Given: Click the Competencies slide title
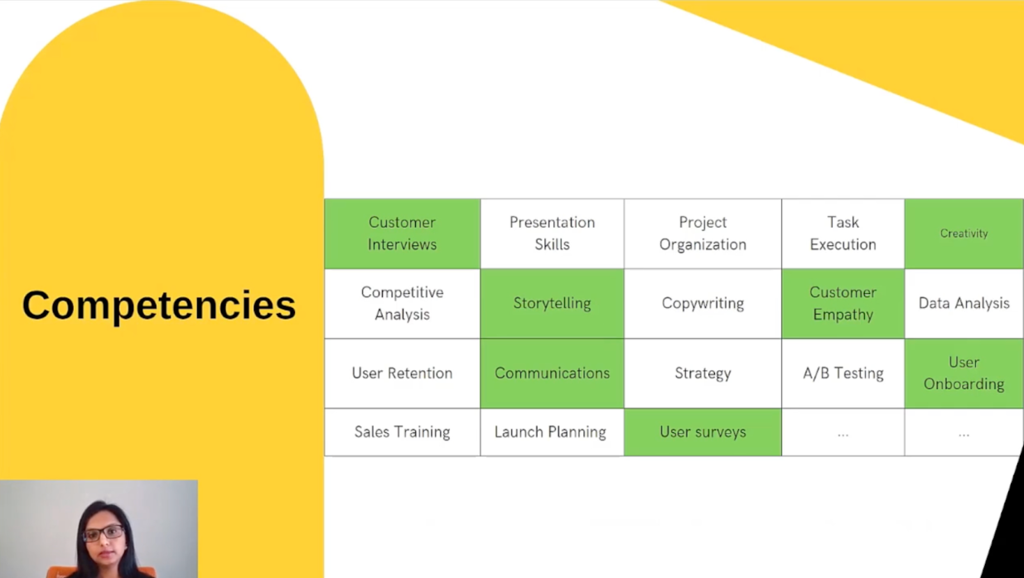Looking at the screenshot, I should pos(158,305).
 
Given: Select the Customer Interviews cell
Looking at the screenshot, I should pos(402,234).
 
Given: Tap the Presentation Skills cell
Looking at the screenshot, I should pos(552,234).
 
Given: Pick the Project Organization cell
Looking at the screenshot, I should pos(703,234).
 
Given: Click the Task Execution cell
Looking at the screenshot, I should pos(843,234).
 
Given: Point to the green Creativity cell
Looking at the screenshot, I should pos(964,234).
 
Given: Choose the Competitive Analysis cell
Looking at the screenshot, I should pos(402,303).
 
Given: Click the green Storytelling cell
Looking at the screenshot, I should pos(552,303).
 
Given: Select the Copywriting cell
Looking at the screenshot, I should pos(703,303).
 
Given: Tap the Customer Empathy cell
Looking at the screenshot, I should pos(843,303).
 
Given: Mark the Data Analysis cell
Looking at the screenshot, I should pos(964,303).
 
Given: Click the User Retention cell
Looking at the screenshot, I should pos(402,373).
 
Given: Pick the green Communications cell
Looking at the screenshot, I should pos(552,373).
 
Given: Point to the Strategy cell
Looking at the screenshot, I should pos(703,373).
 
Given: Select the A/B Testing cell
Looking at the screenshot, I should pos(843,373).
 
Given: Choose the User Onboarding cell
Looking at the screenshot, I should pos(964,373).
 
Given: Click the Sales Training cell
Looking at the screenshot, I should pos(402,432).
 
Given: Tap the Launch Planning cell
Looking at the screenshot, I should pos(550,432).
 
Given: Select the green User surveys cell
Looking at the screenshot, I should pos(703,432).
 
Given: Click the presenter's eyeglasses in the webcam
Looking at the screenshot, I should pos(104,533).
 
